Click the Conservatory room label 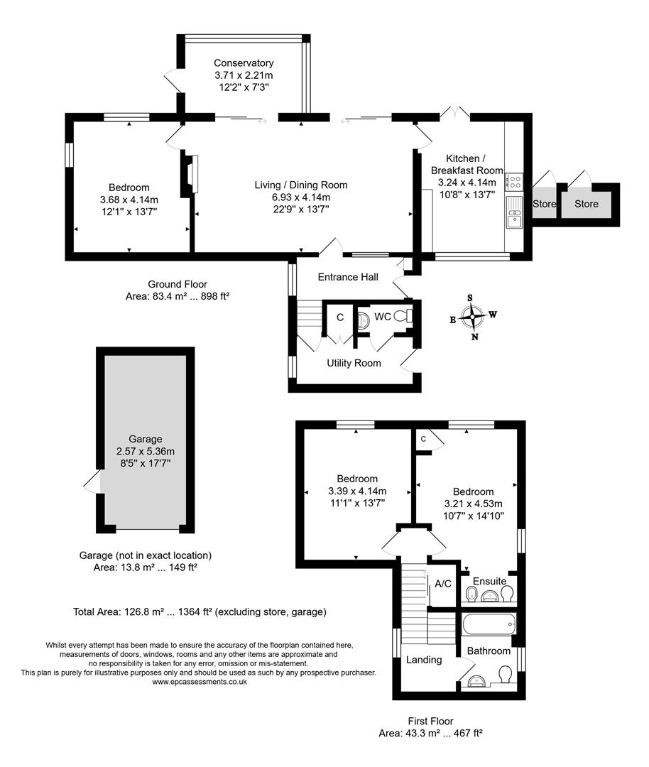pos(244,63)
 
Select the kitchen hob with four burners pos(514,182)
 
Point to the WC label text pos(382,317)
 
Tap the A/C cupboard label pos(443,584)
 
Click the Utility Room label pos(354,363)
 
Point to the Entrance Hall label pos(348,277)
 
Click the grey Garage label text pos(145,439)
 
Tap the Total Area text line pos(200,611)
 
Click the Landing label pos(424,660)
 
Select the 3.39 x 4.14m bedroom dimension pos(357,491)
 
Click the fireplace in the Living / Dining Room pos(189,175)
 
